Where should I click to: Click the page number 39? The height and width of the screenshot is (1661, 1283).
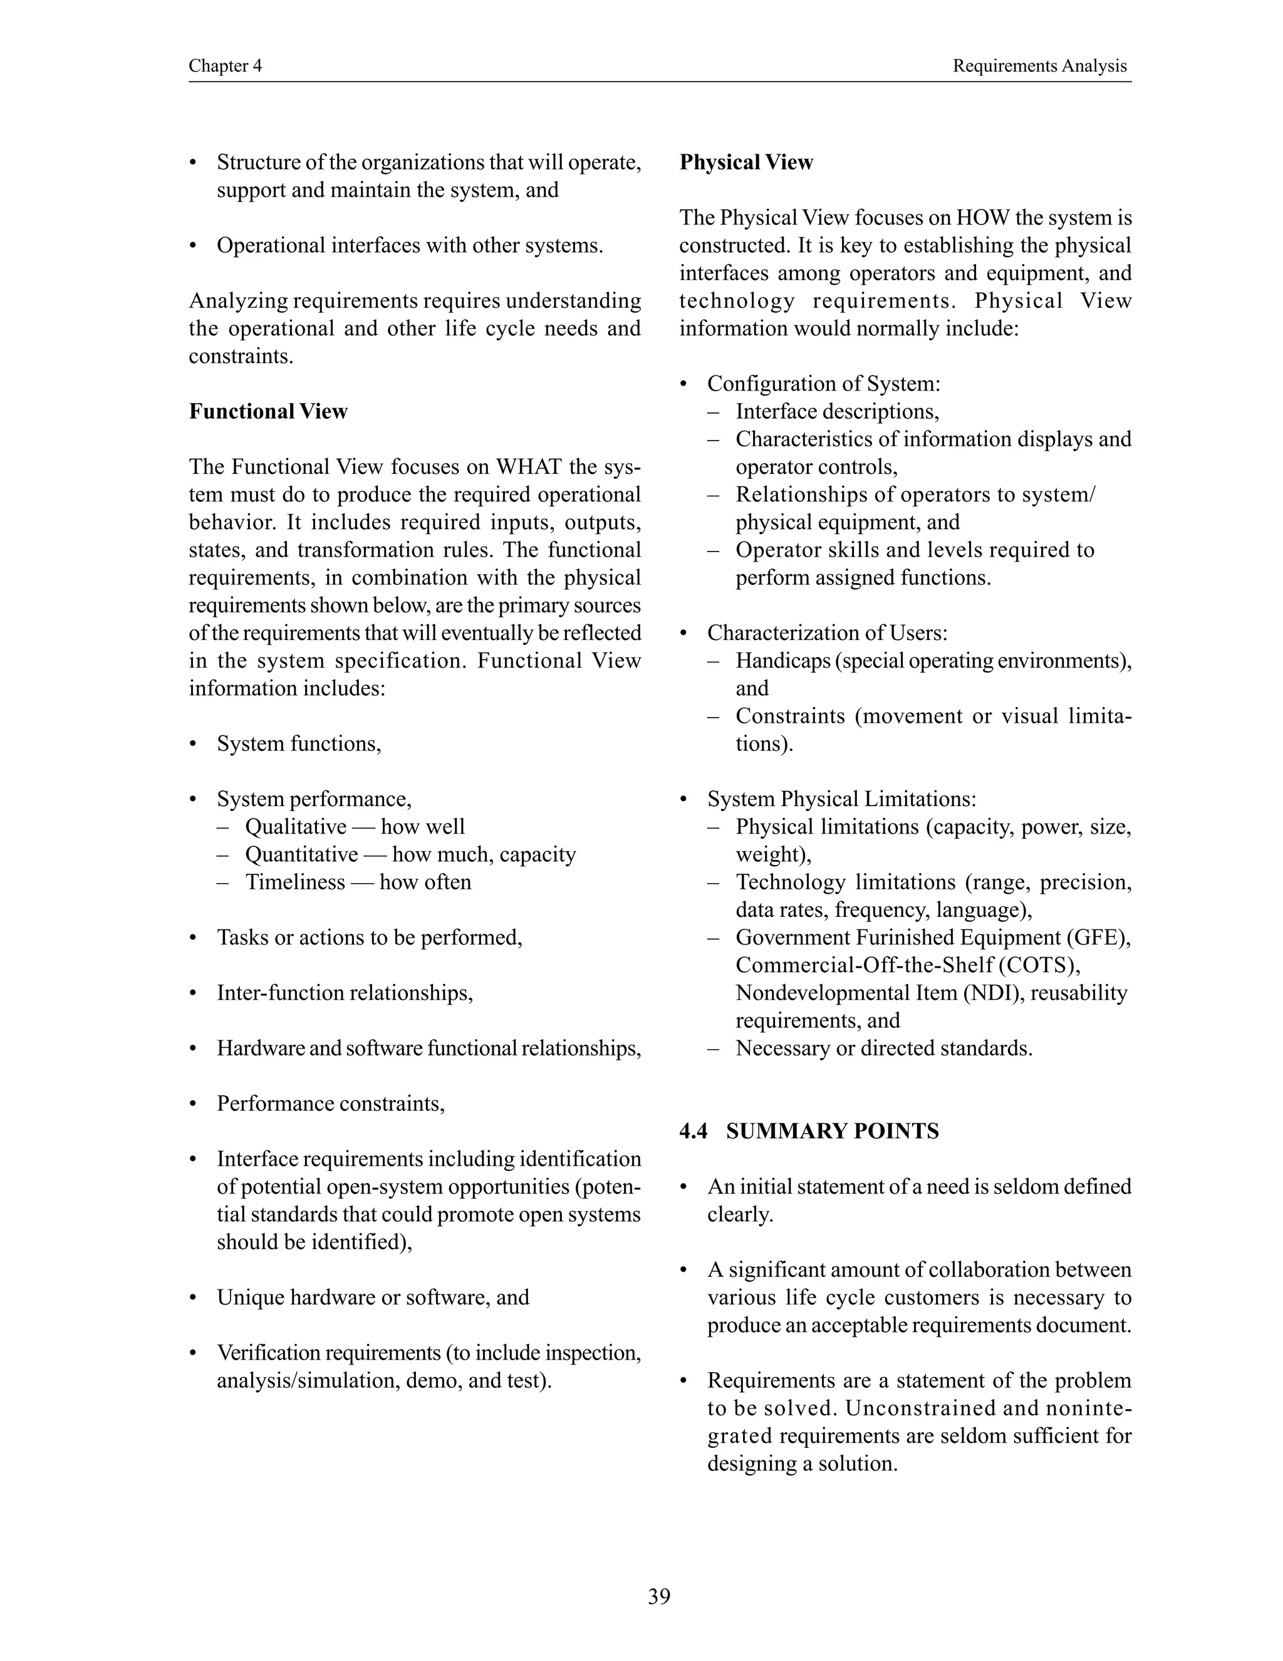(x=659, y=1596)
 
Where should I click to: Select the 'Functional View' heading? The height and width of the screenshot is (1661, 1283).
(x=268, y=411)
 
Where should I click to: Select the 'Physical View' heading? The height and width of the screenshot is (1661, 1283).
(x=745, y=162)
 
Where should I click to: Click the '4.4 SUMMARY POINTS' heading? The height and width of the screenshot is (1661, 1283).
(x=809, y=1131)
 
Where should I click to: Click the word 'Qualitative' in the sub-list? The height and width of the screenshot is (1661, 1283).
(x=296, y=827)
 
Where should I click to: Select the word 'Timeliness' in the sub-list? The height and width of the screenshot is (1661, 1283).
(x=295, y=883)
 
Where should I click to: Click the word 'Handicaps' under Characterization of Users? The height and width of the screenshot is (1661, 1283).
(x=783, y=661)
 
